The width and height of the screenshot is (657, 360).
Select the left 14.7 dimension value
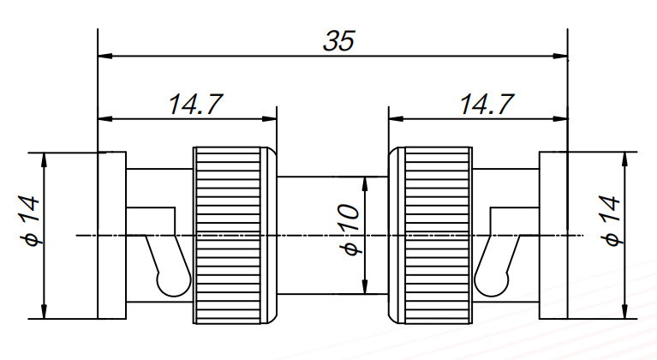pyautogui.click(x=195, y=104)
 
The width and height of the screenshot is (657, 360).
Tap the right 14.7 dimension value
pyautogui.click(x=487, y=104)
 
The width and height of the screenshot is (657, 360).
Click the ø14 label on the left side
pyautogui.click(x=30, y=222)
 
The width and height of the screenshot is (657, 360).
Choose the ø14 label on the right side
pyautogui.click(x=610, y=222)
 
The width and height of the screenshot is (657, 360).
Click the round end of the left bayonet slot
pyautogui.click(x=171, y=281)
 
